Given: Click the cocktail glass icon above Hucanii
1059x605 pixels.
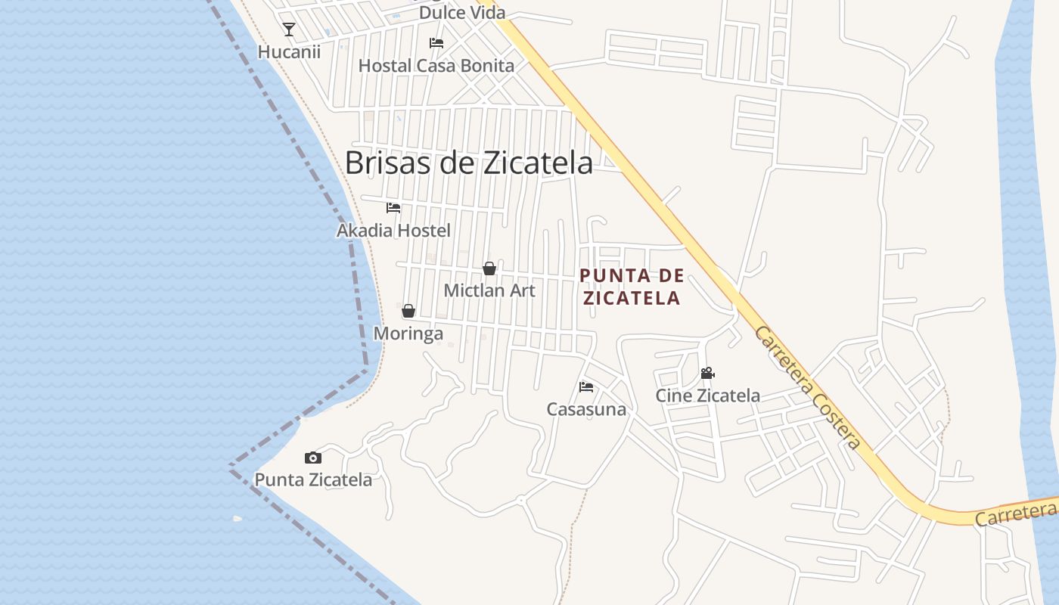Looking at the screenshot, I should tap(289, 29).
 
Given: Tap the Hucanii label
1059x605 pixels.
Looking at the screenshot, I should tap(289, 52).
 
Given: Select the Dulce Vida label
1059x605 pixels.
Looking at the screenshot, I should tap(461, 13).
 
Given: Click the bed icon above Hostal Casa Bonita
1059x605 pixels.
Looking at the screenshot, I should tap(436, 43).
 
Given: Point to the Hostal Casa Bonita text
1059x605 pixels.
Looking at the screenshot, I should tap(436, 66).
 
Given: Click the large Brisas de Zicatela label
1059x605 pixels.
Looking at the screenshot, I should tap(469, 163).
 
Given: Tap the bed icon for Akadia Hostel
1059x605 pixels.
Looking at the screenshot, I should tap(393, 208).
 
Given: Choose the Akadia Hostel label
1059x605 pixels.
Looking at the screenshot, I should tap(393, 231).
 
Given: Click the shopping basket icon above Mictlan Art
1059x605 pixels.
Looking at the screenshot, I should tap(489, 268).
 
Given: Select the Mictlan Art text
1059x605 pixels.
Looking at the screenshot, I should tap(489, 290).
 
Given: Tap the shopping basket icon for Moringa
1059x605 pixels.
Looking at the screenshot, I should tap(408, 311).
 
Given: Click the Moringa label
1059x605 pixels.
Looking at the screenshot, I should tap(408, 334).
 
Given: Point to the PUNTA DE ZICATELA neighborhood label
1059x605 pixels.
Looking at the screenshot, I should tap(632, 287).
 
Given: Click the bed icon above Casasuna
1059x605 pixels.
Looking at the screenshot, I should tap(586, 387).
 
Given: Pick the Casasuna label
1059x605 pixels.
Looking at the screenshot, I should tap(586, 410).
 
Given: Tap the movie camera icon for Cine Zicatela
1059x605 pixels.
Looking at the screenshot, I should tap(707, 374).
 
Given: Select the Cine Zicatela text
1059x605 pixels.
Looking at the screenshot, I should tap(707, 396).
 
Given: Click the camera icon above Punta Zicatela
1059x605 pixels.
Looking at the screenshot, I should tap(313, 458).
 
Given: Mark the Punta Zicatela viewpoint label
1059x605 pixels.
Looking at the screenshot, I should tap(313, 479).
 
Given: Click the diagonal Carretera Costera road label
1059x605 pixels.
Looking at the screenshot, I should tap(807, 387).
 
